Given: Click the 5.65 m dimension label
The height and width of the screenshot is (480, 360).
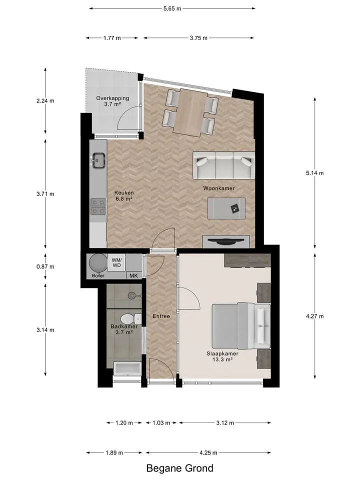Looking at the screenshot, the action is [x=172, y=8].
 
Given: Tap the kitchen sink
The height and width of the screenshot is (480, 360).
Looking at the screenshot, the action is [x=98, y=160].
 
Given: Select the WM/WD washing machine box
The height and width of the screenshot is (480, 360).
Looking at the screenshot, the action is [x=116, y=263].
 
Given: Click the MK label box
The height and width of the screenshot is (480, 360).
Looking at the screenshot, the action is [x=134, y=275].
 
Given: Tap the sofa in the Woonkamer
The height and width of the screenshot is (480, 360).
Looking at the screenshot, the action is [x=224, y=165].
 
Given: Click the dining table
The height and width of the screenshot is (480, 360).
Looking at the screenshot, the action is [x=191, y=112].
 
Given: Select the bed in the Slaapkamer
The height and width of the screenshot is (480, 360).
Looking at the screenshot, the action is [x=241, y=326].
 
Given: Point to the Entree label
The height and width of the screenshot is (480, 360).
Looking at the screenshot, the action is [x=161, y=316].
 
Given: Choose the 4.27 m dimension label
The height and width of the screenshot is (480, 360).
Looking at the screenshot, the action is [x=314, y=316].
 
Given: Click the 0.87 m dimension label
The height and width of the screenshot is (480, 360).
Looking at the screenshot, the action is [x=45, y=266].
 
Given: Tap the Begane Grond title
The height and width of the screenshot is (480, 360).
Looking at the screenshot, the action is [x=179, y=468].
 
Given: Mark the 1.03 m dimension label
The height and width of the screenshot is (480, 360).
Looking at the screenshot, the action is [x=161, y=423].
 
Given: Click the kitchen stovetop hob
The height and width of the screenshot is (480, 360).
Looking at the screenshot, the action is [x=98, y=206].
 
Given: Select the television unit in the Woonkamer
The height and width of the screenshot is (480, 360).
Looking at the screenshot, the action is [x=226, y=241].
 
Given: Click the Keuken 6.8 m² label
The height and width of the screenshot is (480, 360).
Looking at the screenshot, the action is [x=124, y=196].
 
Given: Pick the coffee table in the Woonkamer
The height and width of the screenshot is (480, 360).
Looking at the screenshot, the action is [x=226, y=208].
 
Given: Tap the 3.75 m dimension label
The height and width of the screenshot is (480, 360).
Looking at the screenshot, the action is [x=198, y=38].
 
